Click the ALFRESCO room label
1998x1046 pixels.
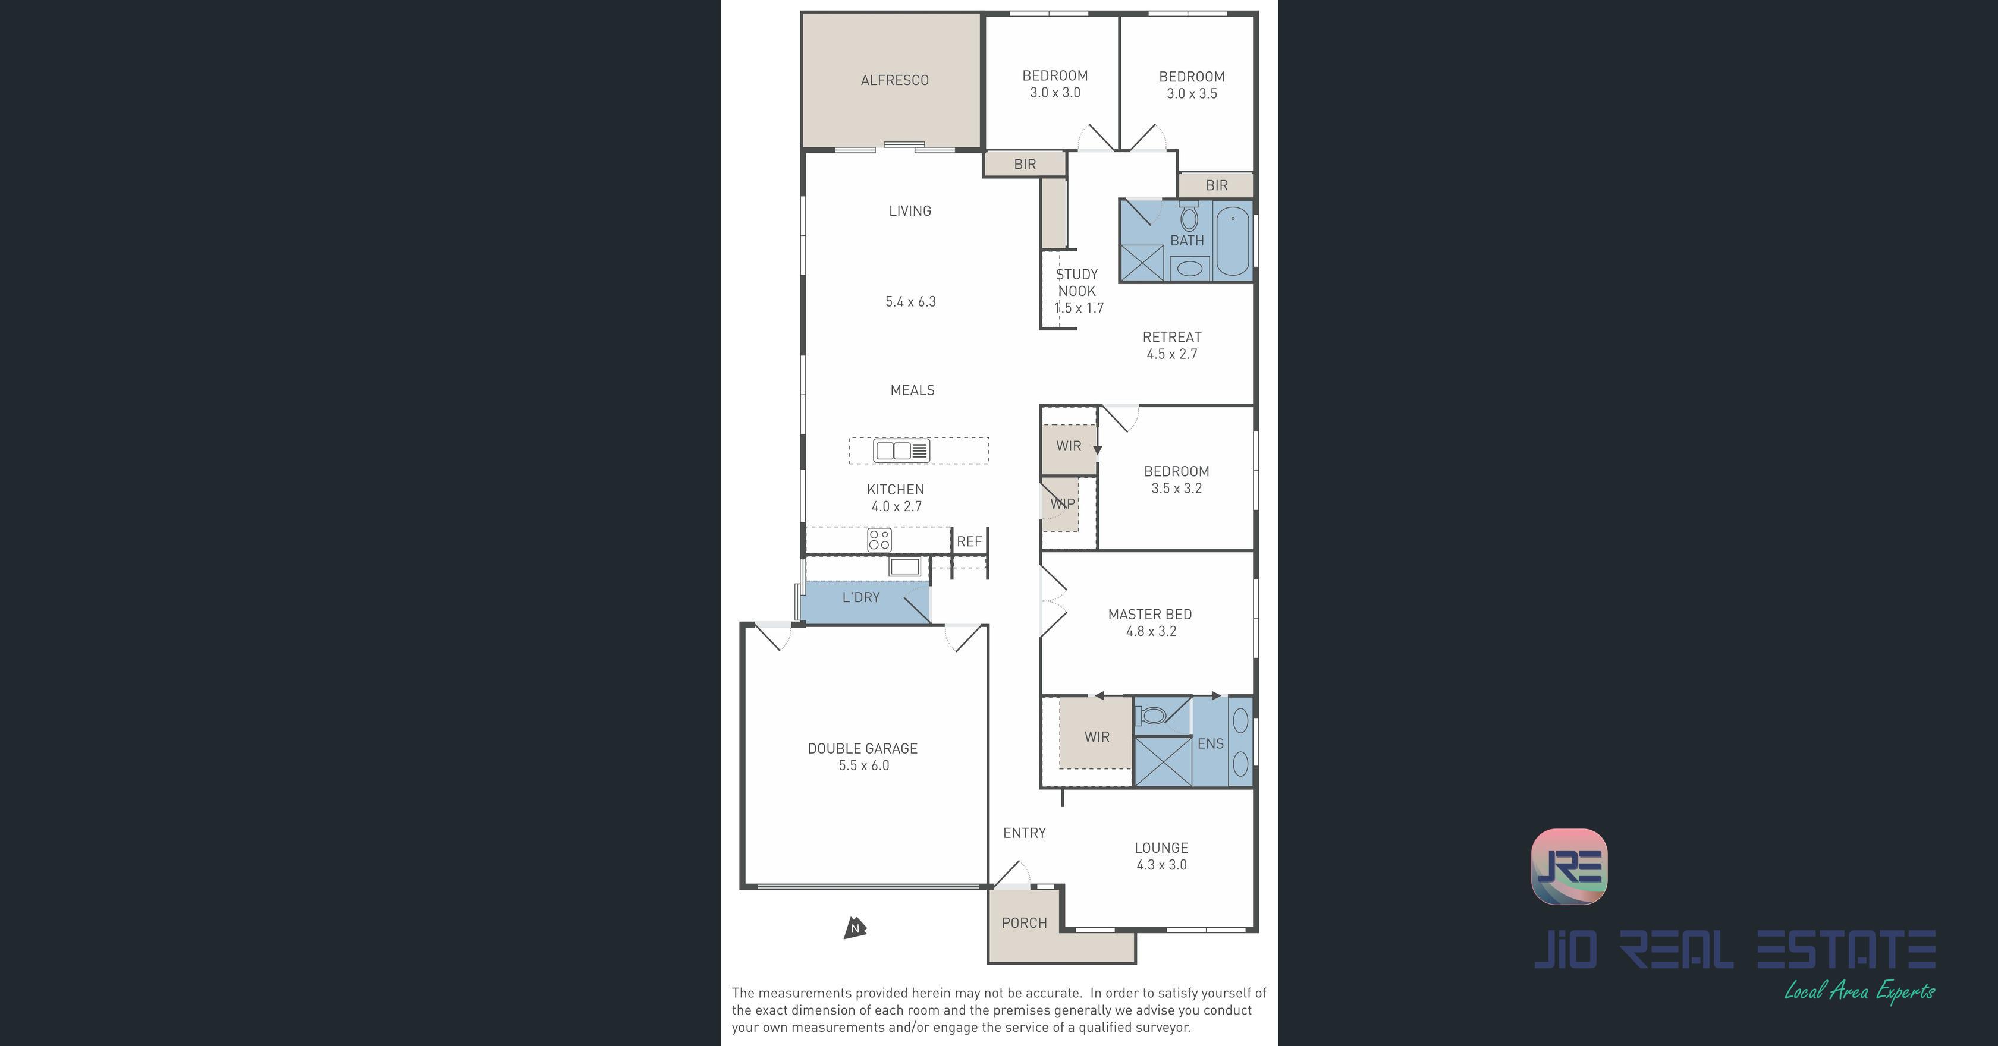pyautogui.click(x=894, y=80)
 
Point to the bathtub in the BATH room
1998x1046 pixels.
pyautogui.click(x=1233, y=240)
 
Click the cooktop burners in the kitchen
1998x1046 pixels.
pyautogui.click(x=879, y=540)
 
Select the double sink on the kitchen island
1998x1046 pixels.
pyautogui.click(x=901, y=450)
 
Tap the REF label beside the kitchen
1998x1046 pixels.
pyautogui.click(x=969, y=541)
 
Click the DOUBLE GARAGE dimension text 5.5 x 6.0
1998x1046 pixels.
pyautogui.click(x=863, y=765)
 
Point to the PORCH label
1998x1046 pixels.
pyautogui.click(x=1024, y=923)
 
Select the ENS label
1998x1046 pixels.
pyautogui.click(x=1210, y=743)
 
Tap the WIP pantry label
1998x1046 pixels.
pyautogui.click(x=1062, y=503)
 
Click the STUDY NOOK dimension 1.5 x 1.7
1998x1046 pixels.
pyautogui.click(x=1079, y=308)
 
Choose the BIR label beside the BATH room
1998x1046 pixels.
pyautogui.click(x=1216, y=185)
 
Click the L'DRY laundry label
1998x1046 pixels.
pyautogui.click(x=861, y=597)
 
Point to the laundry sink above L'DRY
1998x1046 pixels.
pyautogui.click(x=904, y=566)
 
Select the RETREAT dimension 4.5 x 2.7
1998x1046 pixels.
pyautogui.click(x=1171, y=354)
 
